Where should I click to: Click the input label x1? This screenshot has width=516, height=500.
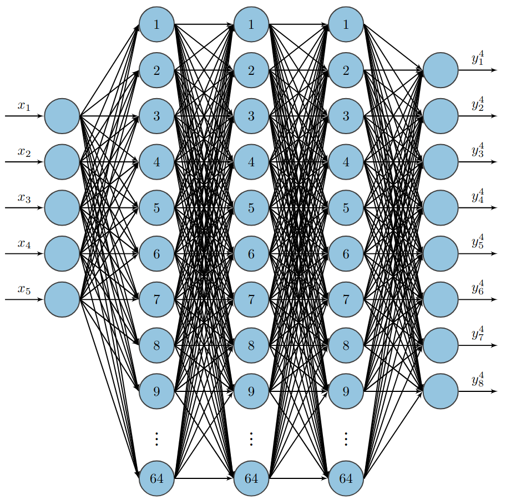[x=24, y=106]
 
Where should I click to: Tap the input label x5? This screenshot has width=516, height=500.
[x=24, y=289]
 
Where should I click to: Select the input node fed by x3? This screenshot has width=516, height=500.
[x=62, y=208]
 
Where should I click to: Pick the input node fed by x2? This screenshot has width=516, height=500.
[x=62, y=162]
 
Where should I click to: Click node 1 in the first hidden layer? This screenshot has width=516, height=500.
[x=156, y=24]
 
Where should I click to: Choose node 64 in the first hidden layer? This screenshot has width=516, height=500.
[x=156, y=477]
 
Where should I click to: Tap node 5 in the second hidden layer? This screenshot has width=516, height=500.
[x=251, y=208]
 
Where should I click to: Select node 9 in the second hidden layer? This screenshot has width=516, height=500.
[x=251, y=391]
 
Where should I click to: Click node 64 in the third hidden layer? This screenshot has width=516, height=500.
[x=346, y=477]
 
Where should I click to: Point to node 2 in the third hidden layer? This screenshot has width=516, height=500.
[x=346, y=70]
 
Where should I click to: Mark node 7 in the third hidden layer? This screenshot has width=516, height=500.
[x=346, y=300]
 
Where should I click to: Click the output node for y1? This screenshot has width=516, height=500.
[x=441, y=70]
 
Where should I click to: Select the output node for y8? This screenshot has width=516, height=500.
[x=441, y=391]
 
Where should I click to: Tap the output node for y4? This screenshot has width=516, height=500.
[x=441, y=208]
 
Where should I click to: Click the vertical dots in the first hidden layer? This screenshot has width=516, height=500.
[x=156, y=439]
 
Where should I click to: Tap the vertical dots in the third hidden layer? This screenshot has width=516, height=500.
[x=346, y=439]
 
